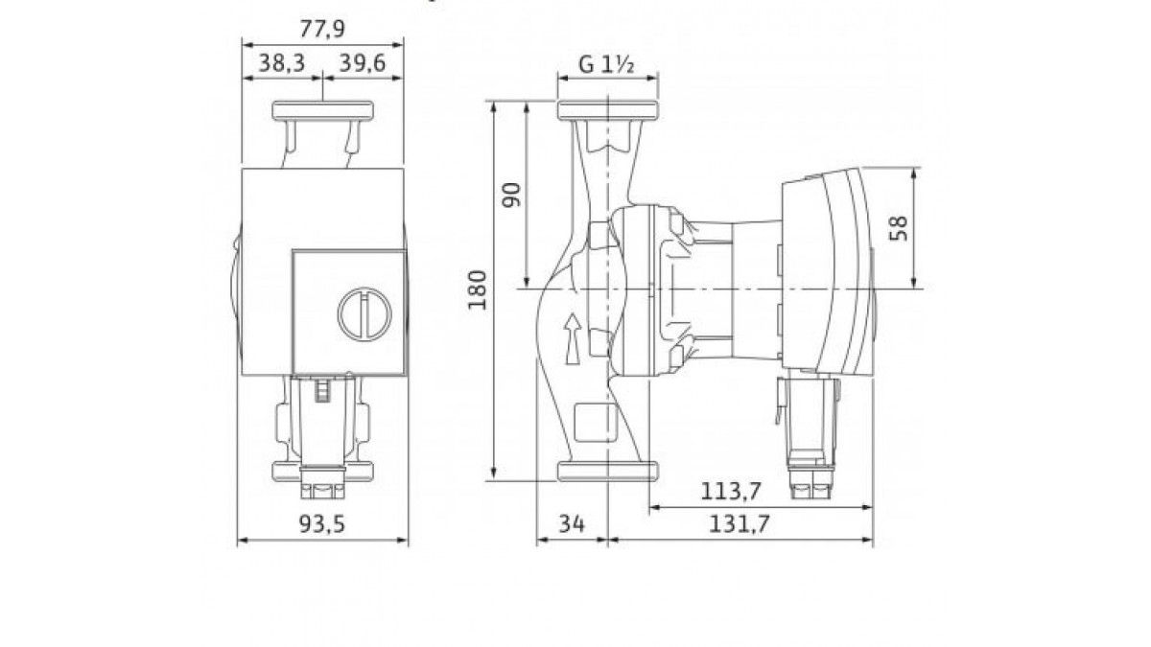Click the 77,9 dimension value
[x=322, y=29]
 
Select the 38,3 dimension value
[x=282, y=63]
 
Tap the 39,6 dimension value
[x=363, y=63]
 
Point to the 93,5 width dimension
[x=322, y=524]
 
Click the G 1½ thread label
[x=606, y=65]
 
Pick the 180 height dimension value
[x=478, y=289]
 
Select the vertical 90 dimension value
[x=511, y=196]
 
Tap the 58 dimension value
[x=899, y=228]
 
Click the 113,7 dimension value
[x=731, y=492]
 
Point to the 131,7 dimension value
[x=740, y=524]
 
